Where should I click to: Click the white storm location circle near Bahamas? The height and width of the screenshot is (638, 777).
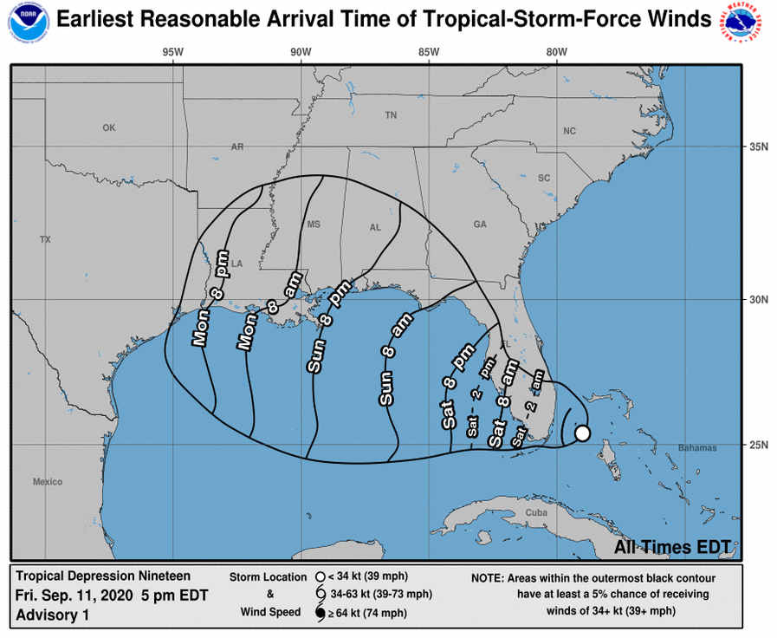coord(582,433)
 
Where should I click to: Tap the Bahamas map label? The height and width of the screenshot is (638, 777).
coord(697,448)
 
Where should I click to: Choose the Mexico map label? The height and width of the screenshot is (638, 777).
coord(49,481)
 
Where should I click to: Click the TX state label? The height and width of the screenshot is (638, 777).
coord(45,239)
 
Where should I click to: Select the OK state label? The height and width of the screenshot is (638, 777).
coord(108,127)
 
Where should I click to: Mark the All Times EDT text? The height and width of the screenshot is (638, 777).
coord(677,548)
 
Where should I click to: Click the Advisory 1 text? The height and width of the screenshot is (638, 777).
coord(52,615)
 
